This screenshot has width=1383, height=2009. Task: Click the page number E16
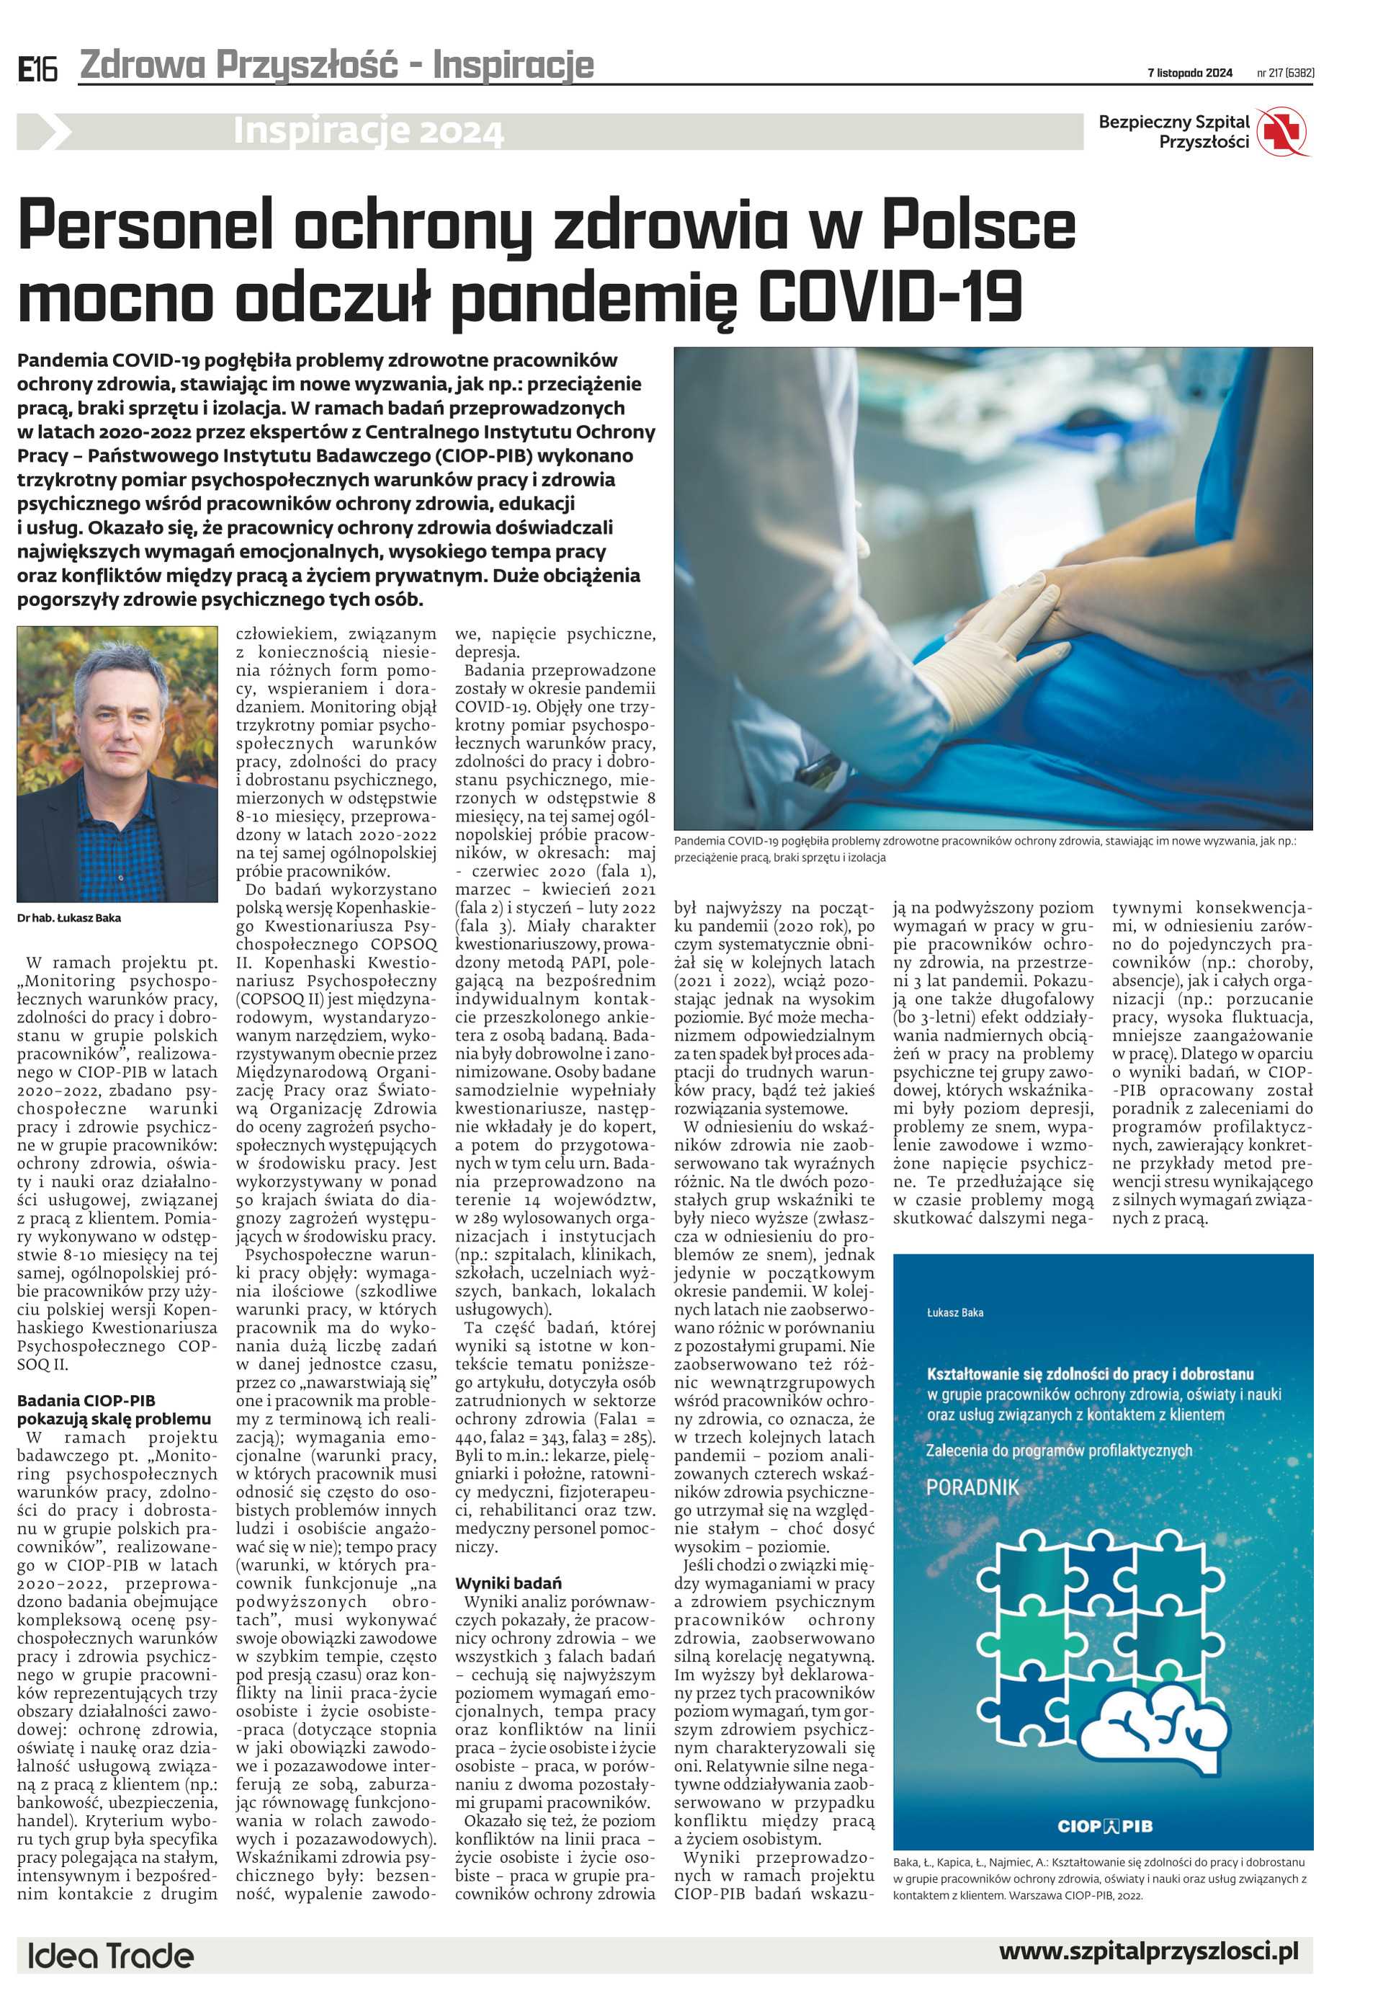pos(37,69)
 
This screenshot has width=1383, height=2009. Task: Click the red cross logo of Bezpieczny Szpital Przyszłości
pos(1282,132)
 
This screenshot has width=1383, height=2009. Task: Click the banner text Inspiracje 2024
pos(367,132)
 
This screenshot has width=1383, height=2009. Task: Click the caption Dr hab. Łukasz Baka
pos(69,918)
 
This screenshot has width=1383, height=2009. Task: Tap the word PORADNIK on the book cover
pos(972,1487)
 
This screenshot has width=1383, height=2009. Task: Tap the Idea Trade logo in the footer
pos(111,1956)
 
